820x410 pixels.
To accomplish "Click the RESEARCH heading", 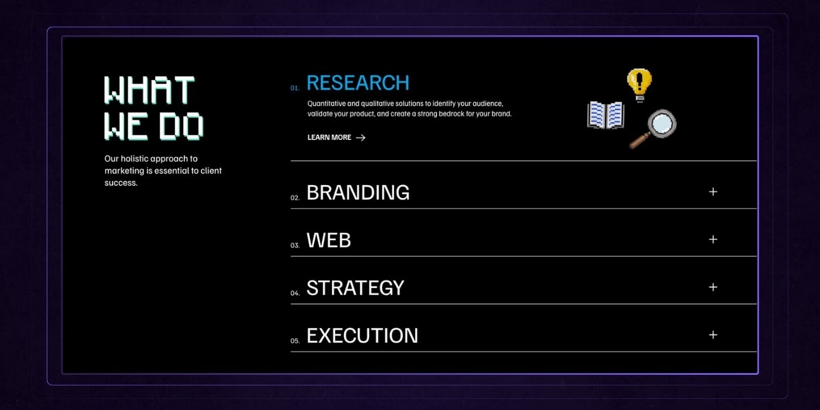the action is pyautogui.click(x=358, y=83).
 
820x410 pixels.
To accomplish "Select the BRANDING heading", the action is pyautogui.click(x=358, y=193).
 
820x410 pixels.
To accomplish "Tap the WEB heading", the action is pyautogui.click(x=329, y=240).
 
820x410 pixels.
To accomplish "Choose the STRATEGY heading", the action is pyautogui.click(x=355, y=288).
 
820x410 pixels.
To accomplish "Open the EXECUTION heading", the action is pyautogui.click(x=362, y=335).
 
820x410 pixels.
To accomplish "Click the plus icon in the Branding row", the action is pyautogui.click(x=713, y=192).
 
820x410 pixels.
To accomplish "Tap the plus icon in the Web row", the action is pyautogui.click(x=713, y=240).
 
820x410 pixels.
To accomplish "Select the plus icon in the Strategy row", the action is pyautogui.click(x=713, y=288).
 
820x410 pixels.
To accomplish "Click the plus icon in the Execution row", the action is pyautogui.click(x=713, y=335).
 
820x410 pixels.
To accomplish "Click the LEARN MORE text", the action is pyautogui.click(x=329, y=137).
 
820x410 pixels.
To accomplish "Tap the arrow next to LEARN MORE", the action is pyautogui.click(x=361, y=138).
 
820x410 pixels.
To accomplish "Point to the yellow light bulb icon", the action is pyautogui.click(x=639, y=85).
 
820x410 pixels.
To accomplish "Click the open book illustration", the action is pyautogui.click(x=606, y=115).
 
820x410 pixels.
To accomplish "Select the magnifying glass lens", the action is pyautogui.click(x=662, y=123).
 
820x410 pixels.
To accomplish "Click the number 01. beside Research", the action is pyautogui.click(x=295, y=88).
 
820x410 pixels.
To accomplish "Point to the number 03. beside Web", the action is pyautogui.click(x=295, y=245).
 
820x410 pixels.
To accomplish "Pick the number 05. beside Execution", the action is pyautogui.click(x=295, y=341).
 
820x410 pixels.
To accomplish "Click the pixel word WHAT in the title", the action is pyautogui.click(x=149, y=90).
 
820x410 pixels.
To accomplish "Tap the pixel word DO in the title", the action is pyautogui.click(x=182, y=127).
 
